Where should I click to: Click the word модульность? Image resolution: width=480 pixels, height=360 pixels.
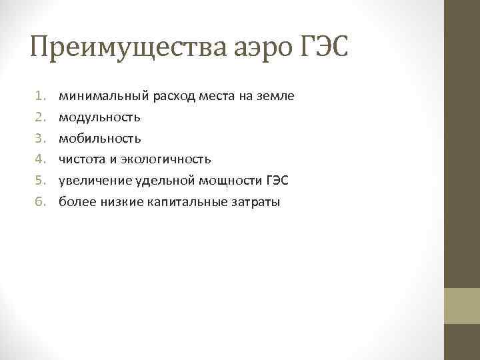click(99, 118)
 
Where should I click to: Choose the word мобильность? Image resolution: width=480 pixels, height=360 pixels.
click(99, 139)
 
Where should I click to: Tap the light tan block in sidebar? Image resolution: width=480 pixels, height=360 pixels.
click(462, 306)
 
